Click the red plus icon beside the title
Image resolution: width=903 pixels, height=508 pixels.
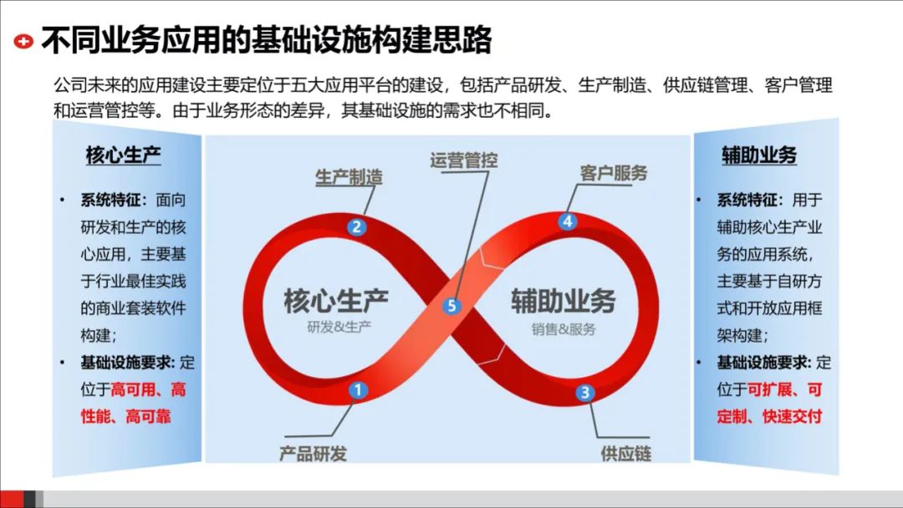[x=24, y=40]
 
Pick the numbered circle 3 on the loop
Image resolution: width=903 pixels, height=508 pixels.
[x=585, y=393]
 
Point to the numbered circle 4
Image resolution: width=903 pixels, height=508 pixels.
[x=568, y=221]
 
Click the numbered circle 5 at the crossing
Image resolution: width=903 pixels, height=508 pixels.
[x=452, y=306]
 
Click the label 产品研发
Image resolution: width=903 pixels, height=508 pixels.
[x=313, y=454]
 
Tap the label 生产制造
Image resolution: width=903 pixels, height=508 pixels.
[x=349, y=178]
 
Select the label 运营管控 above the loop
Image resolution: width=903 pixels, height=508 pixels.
[x=464, y=160]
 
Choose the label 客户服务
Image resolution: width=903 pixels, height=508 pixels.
[x=614, y=173]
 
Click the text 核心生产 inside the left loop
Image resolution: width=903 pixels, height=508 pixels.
[x=336, y=301]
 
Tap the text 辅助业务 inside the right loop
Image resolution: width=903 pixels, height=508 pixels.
[x=563, y=301]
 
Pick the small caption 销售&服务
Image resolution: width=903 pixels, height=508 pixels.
[x=564, y=328]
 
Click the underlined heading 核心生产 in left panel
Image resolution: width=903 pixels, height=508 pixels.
[x=124, y=155]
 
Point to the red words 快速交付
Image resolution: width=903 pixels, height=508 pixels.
[x=792, y=415]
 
